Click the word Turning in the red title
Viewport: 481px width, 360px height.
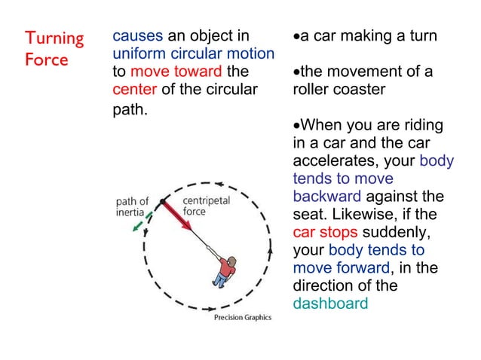[54, 38]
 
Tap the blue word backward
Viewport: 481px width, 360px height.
[326, 197]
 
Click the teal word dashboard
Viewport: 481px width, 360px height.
[330, 304]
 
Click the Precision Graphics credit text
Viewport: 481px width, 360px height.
[242, 317]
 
